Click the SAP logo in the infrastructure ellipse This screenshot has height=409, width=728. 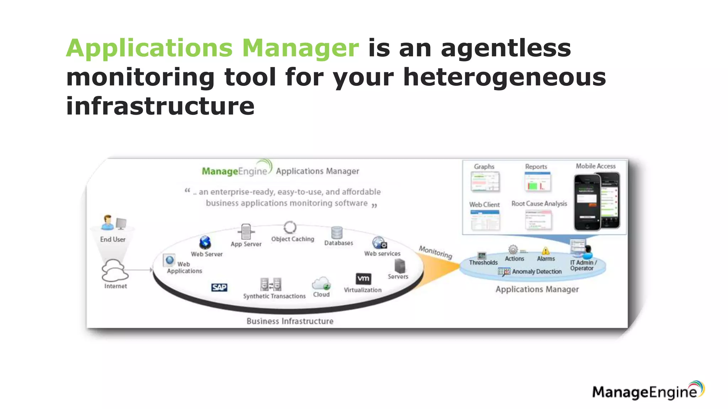click(219, 287)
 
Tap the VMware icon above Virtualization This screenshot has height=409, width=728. click(363, 278)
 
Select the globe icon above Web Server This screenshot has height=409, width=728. click(205, 242)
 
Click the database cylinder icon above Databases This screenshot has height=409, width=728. click(337, 233)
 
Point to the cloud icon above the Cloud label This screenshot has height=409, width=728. click(321, 283)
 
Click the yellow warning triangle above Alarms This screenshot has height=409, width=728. click(546, 251)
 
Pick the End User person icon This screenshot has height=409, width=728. click(107, 223)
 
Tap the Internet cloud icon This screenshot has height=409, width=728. click(114, 270)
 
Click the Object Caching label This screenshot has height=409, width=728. click(293, 239)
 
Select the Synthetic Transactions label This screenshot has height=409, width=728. click(274, 296)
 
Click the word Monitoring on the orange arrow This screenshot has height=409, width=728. click(435, 252)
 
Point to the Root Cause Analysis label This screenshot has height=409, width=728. click(539, 203)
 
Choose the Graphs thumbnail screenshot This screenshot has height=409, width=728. click(485, 182)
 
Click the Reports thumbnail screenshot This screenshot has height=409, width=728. click(537, 181)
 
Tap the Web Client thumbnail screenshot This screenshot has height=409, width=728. click(485, 220)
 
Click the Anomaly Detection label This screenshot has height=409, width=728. click(537, 272)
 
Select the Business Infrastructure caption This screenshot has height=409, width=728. click(290, 321)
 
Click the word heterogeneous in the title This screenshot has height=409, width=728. click(504, 77)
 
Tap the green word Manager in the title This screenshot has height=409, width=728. click(300, 48)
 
